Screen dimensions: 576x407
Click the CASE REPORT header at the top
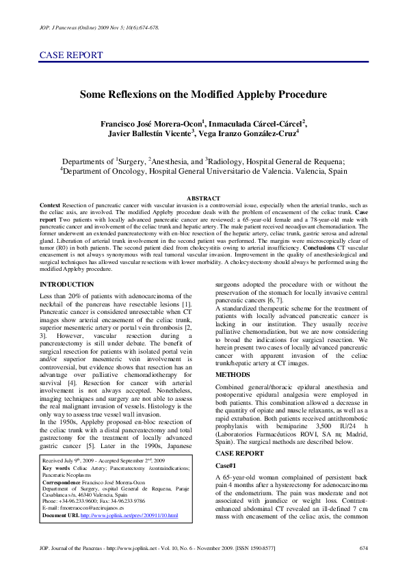point(71,55)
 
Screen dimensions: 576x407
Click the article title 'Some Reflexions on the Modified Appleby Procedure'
point(203,97)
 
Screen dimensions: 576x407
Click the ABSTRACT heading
point(203,197)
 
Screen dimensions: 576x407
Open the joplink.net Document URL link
point(129,534)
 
